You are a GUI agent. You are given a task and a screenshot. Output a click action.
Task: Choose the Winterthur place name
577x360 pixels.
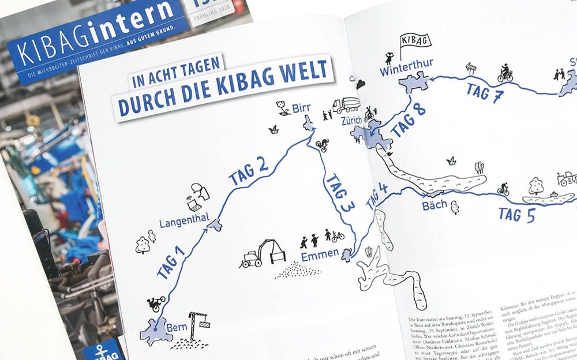(x=406, y=71)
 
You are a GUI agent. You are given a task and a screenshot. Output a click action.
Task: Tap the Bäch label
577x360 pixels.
(x=434, y=205)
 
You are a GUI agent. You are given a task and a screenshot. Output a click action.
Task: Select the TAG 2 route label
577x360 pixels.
(x=249, y=171)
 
